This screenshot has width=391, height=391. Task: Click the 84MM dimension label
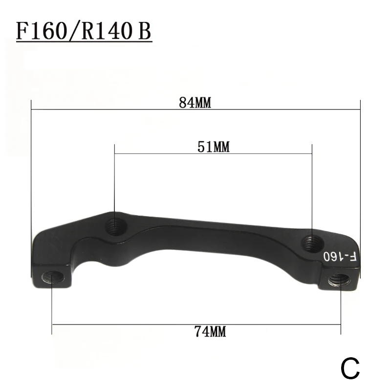pyautogui.click(x=195, y=103)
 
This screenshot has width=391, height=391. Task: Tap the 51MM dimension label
pyautogui.click(x=214, y=147)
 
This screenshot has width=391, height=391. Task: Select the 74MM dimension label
pyautogui.click(x=210, y=332)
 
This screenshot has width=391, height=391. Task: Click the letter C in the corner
pyautogui.click(x=350, y=369)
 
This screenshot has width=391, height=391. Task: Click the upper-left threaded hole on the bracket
pyautogui.click(x=115, y=227)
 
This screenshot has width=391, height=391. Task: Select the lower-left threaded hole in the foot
pyautogui.click(x=52, y=277)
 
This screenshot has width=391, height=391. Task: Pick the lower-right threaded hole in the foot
pyautogui.click(x=339, y=280)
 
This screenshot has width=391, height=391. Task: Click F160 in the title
pyautogui.click(x=42, y=31)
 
